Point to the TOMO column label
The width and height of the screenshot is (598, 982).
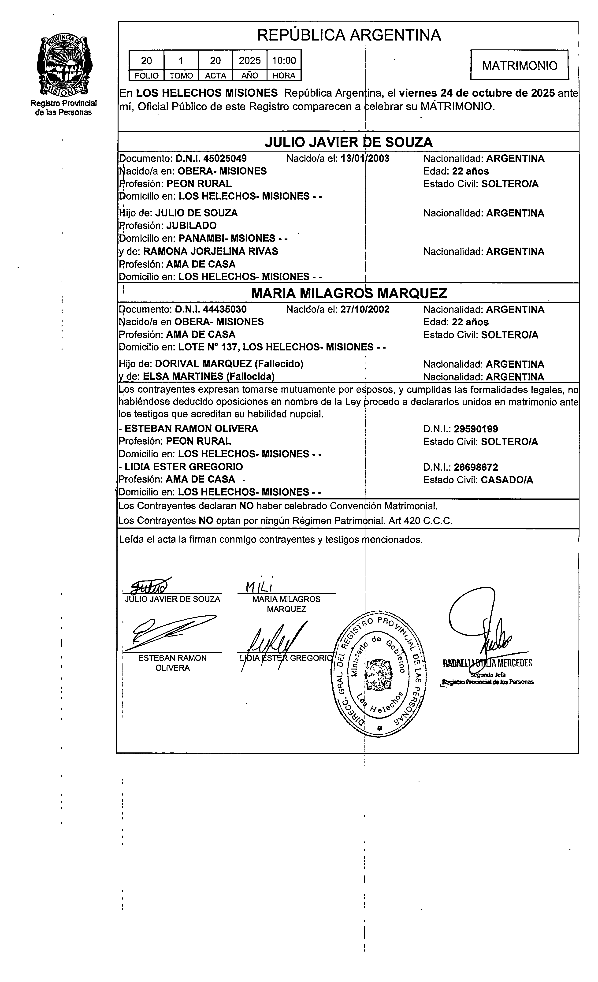tap(181, 76)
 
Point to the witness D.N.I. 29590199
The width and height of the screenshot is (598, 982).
tap(476, 429)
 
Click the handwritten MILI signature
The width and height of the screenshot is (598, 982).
tap(259, 587)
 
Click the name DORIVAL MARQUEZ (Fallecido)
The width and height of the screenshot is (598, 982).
tap(229, 364)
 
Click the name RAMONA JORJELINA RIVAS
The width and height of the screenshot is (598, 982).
tap(210, 252)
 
